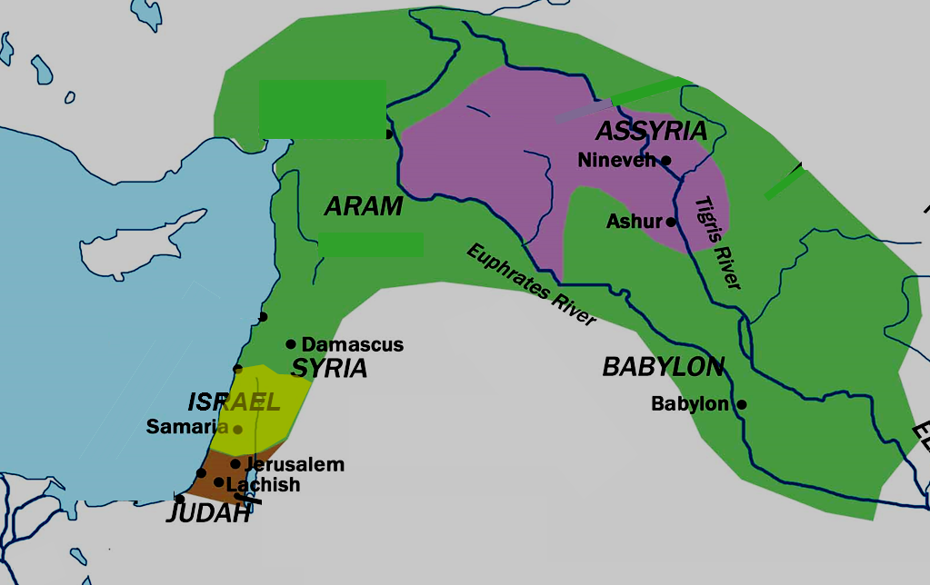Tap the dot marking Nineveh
pos(665,161)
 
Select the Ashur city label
pos(635,222)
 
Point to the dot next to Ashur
pos(671,222)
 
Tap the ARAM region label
pos(364,207)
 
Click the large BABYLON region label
pos(664,367)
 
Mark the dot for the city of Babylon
pos(742,404)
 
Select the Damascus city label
pos(352,345)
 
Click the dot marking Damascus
pos(291,344)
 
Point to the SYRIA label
pos(329,369)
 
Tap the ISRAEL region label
pos(235,402)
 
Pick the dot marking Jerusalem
pos(235,464)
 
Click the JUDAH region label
pos(208,515)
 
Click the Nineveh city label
pos(617,161)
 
